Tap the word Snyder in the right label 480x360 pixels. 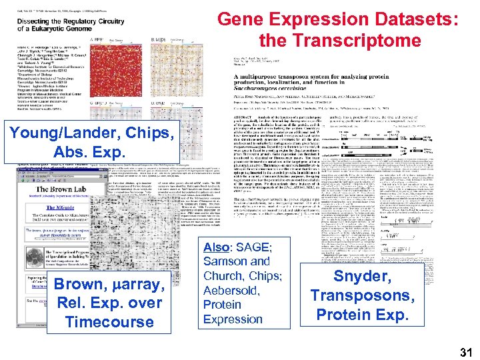tap(362, 277)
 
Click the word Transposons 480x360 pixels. tap(362, 295)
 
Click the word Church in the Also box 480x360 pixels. tap(223, 276)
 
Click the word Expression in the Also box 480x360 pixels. tap(233, 319)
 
